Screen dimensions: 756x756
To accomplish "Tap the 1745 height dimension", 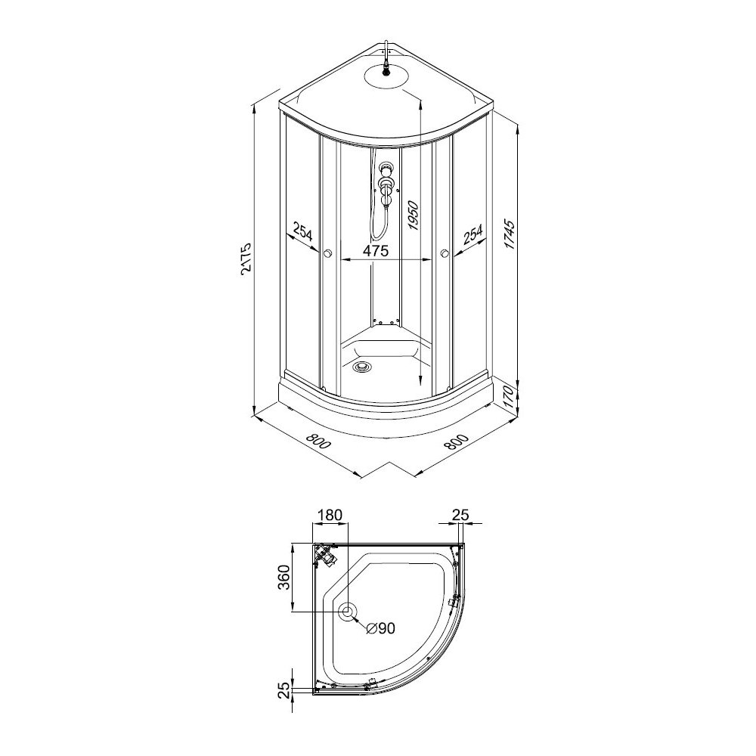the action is click(510, 235).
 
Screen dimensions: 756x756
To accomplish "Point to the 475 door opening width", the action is click(376, 251).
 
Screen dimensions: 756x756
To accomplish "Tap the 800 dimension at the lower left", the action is click(319, 441).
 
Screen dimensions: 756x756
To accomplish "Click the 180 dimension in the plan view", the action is click(330, 515).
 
